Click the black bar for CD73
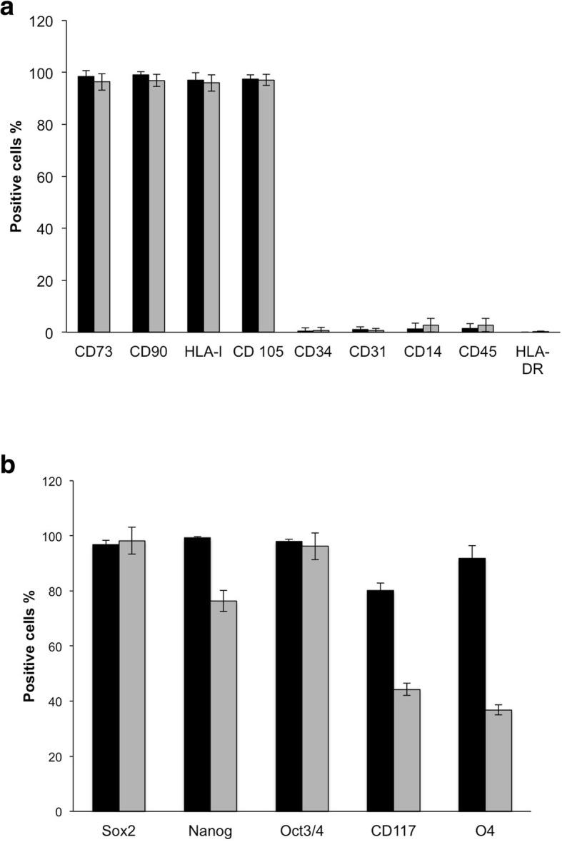(x=86, y=204)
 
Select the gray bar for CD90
(x=156, y=206)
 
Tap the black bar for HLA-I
(x=195, y=206)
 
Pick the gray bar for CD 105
(x=266, y=206)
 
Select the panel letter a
(x=9, y=9)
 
